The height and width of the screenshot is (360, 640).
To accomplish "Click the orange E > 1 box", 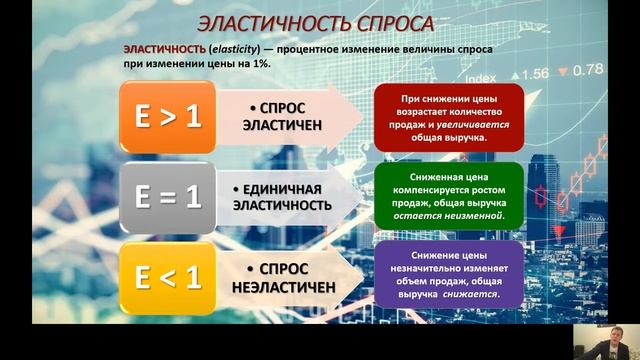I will [167, 117].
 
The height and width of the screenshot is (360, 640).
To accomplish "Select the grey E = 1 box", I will [167, 196].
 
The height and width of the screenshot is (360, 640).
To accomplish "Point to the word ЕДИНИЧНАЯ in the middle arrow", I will [286, 188].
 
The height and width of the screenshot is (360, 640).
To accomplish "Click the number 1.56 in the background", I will [532, 73].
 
